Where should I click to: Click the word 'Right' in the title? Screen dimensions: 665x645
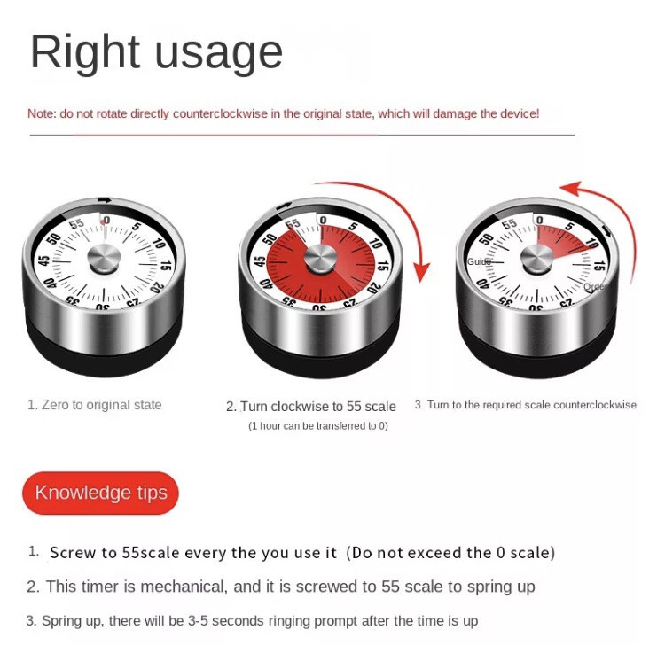85,52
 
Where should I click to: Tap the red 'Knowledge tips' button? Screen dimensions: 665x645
100,493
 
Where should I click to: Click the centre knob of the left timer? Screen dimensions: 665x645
104,259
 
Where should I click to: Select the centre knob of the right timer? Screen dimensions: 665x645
537,260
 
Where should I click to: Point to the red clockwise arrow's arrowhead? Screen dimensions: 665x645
421,272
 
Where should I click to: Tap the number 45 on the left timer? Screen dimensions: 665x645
43,260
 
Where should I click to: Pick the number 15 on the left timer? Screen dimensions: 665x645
166,266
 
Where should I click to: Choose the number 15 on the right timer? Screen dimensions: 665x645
599,266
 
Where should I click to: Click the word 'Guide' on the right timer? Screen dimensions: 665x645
479,261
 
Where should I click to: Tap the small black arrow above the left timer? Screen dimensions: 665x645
105,200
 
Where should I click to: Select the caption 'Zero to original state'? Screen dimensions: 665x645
101,405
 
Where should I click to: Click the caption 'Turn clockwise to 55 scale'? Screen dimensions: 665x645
318,407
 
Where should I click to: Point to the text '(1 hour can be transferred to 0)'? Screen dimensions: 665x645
318,425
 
